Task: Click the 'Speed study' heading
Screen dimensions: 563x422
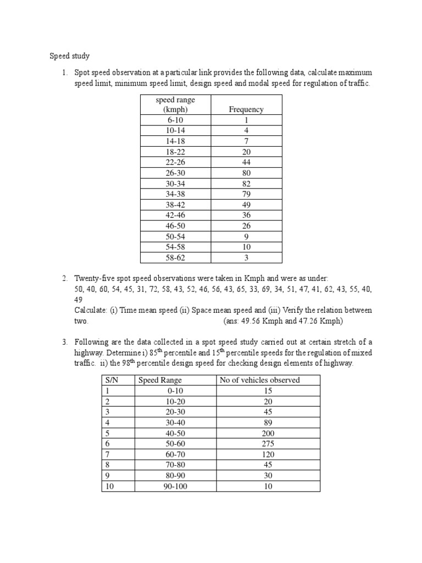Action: pyautogui.click(x=69, y=56)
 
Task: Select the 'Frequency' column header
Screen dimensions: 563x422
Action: pyautogui.click(x=246, y=109)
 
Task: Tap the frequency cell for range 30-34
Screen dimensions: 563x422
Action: pyautogui.click(x=246, y=183)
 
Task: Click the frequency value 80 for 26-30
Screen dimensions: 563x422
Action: pyautogui.click(x=246, y=173)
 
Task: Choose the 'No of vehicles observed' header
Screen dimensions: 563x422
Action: pyautogui.click(x=259, y=380)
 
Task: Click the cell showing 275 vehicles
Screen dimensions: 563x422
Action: pyautogui.click(x=268, y=443)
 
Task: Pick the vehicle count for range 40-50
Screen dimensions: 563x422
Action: pyautogui.click(x=268, y=433)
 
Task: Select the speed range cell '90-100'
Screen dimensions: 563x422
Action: pyautogui.click(x=175, y=486)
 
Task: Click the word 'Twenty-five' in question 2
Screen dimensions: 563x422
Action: pyautogui.click(x=93, y=278)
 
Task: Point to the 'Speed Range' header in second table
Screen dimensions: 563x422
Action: pyautogui.click(x=160, y=380)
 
